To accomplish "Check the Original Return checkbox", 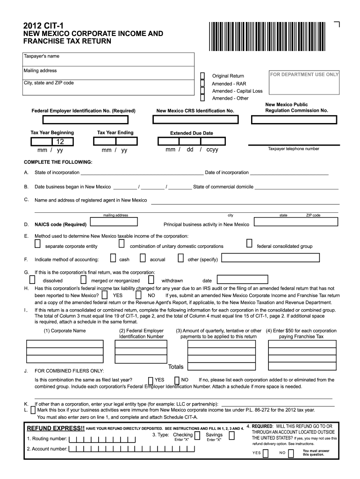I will (202, 76).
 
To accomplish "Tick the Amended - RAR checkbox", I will (202, 83).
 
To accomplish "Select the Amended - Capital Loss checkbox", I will (202, 91).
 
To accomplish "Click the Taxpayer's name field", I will (108, 60).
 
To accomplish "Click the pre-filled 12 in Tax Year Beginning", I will (60, 142).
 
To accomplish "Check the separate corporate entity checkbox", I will (37, 244).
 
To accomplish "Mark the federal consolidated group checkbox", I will (249, 244).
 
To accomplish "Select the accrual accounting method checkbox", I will (142, 258).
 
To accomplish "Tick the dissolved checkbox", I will (32, 280).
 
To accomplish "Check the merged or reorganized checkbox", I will (83, 280).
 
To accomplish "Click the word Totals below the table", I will (176, 367).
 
